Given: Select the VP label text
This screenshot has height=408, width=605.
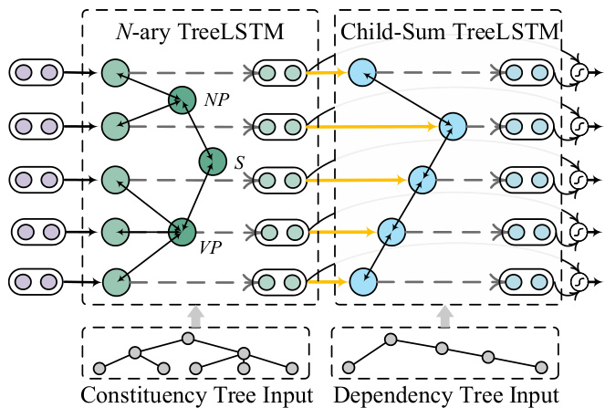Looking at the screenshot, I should pyautogui.click(x=212, y=246).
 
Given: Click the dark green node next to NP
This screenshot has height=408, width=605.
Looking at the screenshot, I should pyautogui.click(x=183, y=100).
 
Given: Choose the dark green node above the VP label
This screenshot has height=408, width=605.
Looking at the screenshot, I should pyautogui.click(x=183, y=228).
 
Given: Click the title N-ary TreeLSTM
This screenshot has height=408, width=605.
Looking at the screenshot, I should pyautogui.click(x=200, y=34).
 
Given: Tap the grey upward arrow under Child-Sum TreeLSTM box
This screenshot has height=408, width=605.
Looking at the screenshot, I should pyautogui.click(x=444, y=316).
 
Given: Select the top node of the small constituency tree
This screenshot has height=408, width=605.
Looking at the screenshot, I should pyautogui.click(x=188, y=339).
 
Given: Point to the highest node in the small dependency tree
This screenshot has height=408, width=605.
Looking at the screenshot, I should pyautogui.click(x=391, y=340).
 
